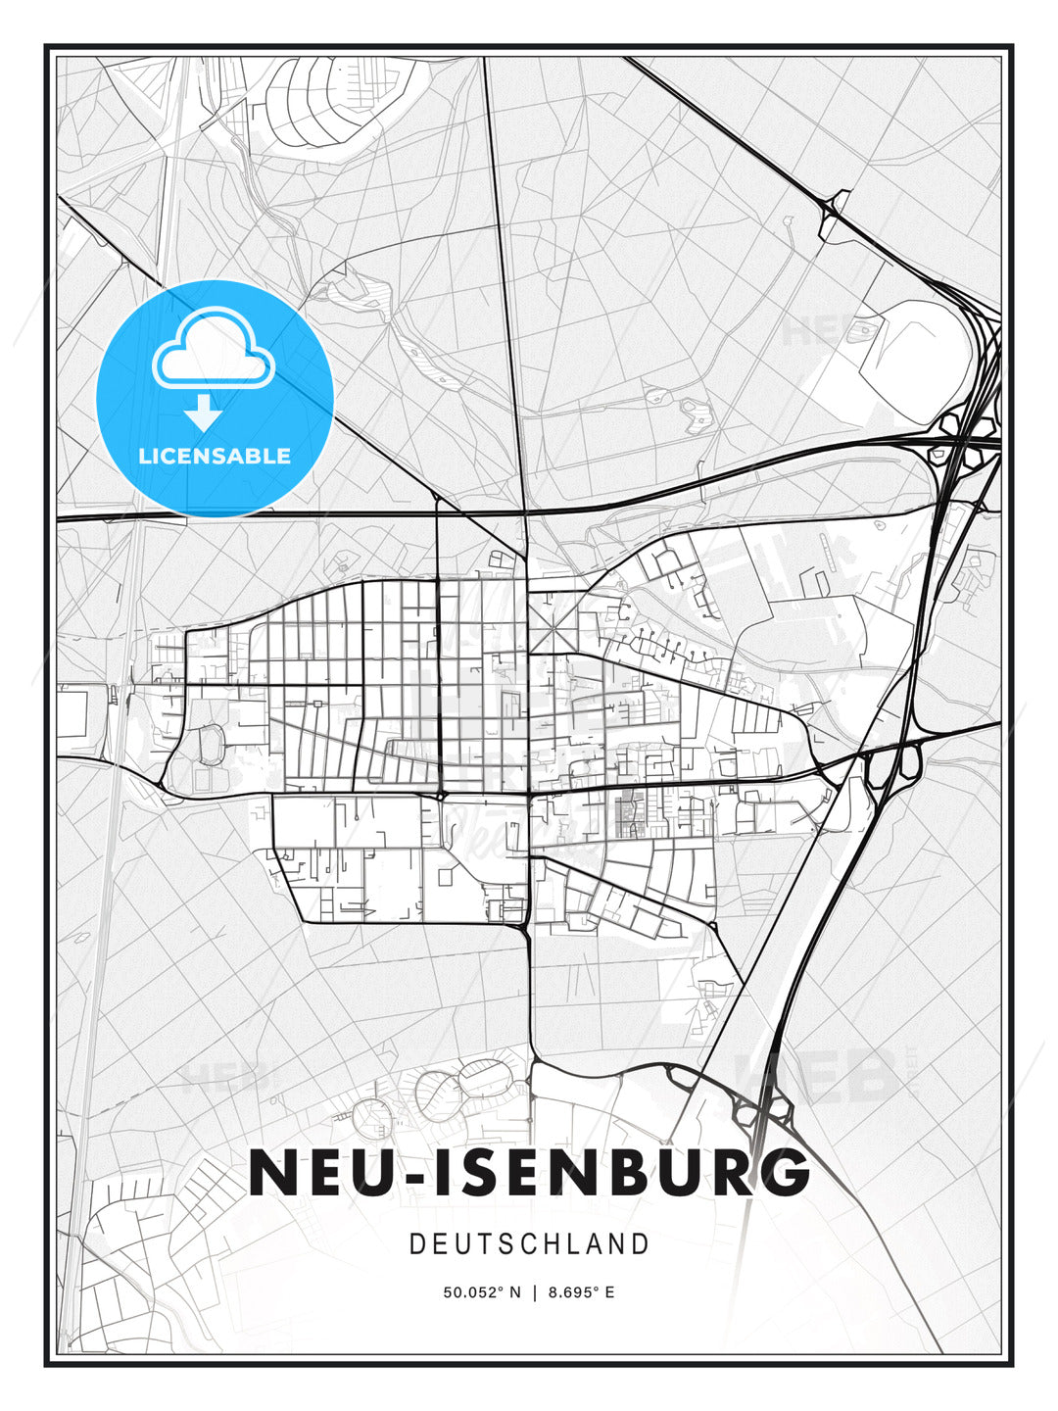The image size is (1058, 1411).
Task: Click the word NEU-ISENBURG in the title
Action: (529, 1172)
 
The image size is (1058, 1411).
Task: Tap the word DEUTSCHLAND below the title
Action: (529, 1244)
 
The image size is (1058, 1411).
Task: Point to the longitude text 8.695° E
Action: (581, 1292)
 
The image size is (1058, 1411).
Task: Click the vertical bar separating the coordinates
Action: (534, 1292)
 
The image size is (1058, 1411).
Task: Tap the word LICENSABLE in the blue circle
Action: (215, 456)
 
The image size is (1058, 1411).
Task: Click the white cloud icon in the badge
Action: (214, 349)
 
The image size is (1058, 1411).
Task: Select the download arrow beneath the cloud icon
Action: (203, 413)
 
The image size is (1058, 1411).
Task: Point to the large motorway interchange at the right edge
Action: (965, 431)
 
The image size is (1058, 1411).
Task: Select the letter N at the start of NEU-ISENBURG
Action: (271, 1172)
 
